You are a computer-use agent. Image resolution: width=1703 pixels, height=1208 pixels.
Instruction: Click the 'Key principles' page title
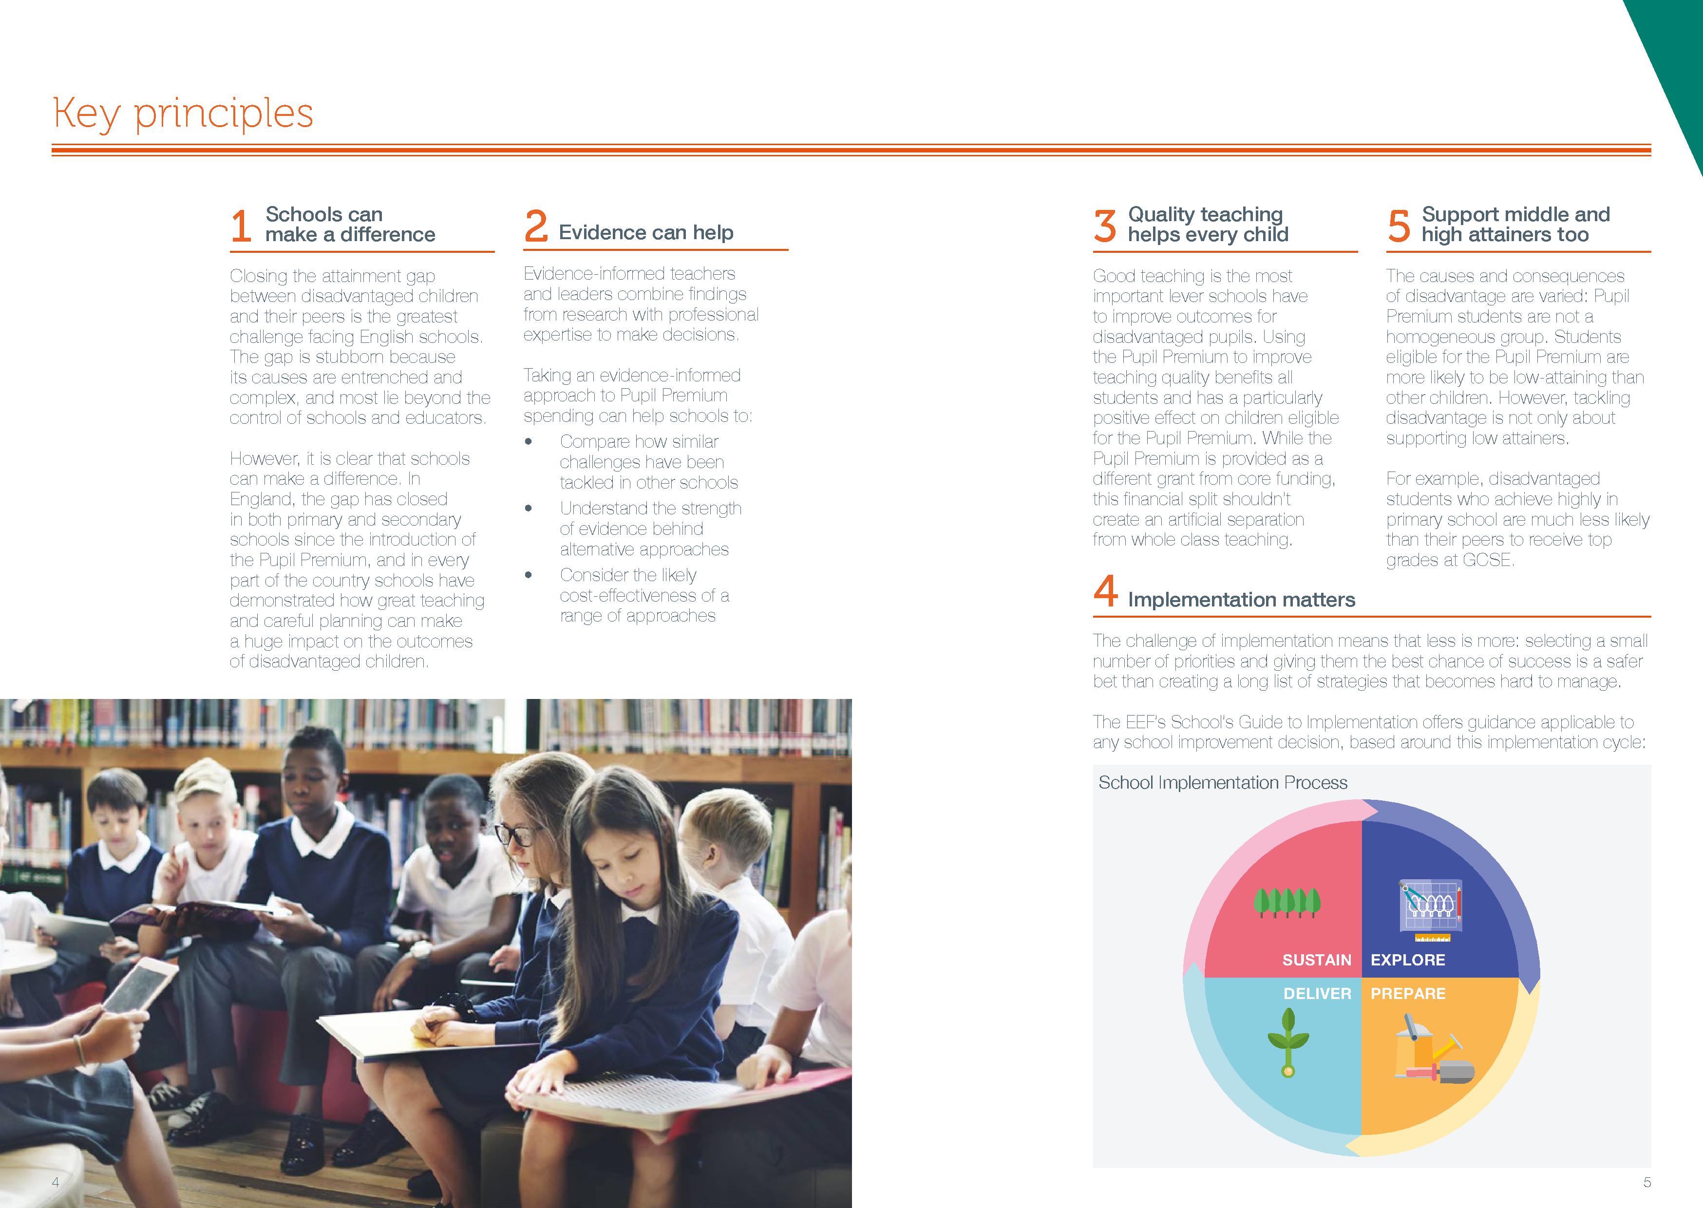point(183,114)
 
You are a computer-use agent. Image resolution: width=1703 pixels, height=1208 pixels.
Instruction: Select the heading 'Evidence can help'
point(645,233)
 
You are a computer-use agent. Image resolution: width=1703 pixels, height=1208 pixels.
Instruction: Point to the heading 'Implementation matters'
point(1241,600)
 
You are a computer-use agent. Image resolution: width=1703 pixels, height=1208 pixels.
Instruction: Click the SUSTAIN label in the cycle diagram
point(1316,960)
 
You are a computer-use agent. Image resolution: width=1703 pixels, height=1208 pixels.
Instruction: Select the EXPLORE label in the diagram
point(1408,960)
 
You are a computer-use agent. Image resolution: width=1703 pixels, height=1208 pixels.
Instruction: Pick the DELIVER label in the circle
point(1317,994)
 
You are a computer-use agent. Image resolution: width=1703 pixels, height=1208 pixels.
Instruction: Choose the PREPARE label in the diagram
point(1408,994)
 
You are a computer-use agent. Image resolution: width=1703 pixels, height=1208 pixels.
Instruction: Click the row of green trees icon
point(1287,902)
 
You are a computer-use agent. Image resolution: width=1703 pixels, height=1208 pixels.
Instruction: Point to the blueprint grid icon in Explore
point(1429,907)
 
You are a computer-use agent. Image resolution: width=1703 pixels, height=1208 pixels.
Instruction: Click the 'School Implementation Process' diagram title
point(1223,783)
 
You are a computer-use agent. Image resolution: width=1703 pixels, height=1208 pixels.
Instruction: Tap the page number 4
point(55,1182)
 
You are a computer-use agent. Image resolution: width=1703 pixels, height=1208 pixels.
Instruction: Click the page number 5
point(1647,1182)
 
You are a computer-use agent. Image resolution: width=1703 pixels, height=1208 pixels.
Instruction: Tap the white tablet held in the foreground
point(137,985)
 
